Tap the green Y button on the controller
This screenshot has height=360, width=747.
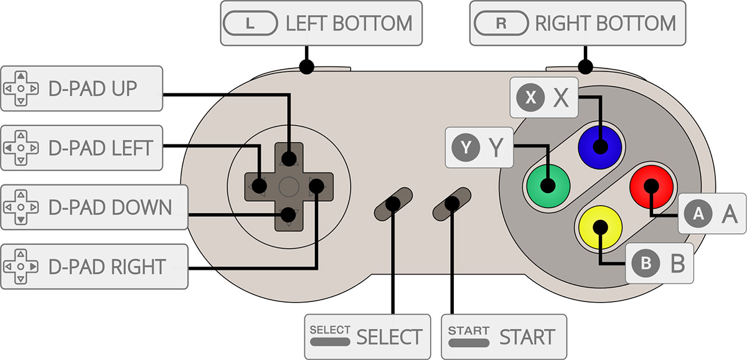(x=548, y=185)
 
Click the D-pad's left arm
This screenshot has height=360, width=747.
(x=258, y=185)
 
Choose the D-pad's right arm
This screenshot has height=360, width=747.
(x=317, y=185)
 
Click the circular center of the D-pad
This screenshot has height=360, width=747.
(x=288, y=185)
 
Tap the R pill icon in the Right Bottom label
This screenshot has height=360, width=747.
(x=500, y=24)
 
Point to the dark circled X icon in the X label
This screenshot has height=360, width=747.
(x=530, y=97)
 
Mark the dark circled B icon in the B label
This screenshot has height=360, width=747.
(x=646, y=263)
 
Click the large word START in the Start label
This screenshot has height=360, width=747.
(x=527, y=337)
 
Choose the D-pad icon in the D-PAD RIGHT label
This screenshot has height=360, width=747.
(x=21, y=267)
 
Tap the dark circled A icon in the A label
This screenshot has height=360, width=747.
(x=698, y=214)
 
